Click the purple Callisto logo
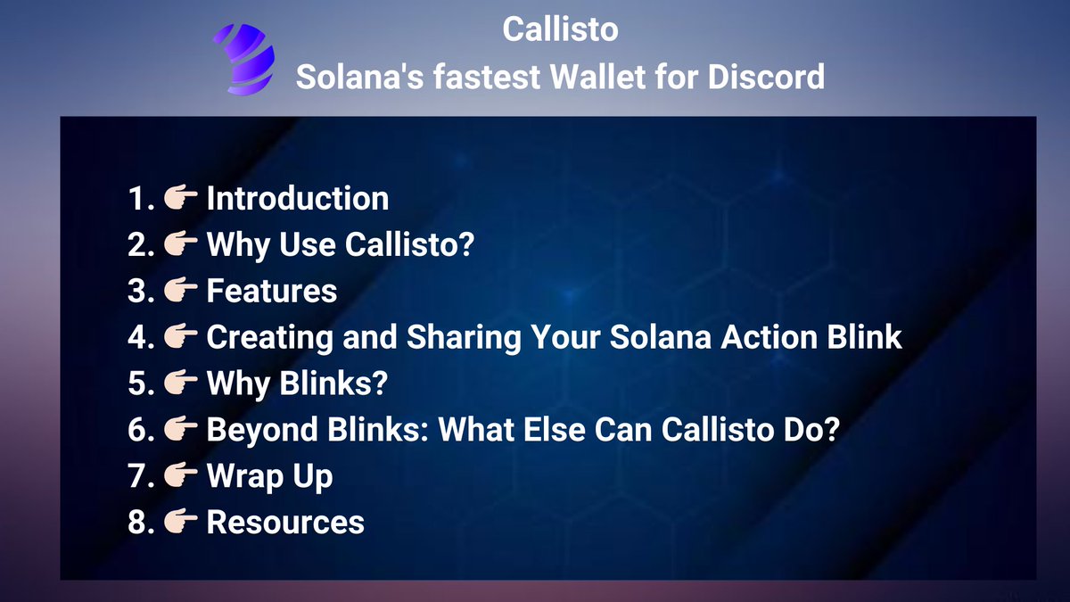click(x=243, y=59)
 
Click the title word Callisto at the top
click(x=560, y=29)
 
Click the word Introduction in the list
click(x=298, y=198)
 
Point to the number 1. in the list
click(x=141, y=198)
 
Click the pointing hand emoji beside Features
click(x=181, y=291)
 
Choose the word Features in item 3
click(x=272, y=291)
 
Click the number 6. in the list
click(x=141, y=430)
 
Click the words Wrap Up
click(x=269, y=476)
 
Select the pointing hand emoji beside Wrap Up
click(x=181, y=476)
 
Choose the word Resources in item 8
click(x=285, y=523)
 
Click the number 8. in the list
click(x=141, y=523)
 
